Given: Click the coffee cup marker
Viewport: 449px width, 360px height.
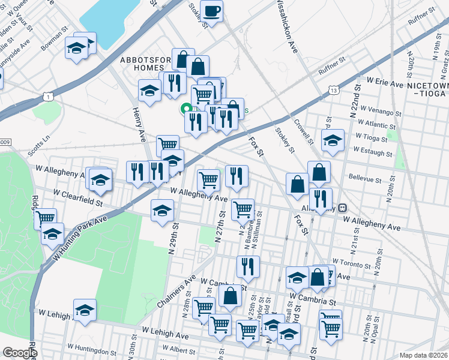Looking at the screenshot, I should [212, 10].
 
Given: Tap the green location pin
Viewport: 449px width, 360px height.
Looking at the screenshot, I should [186, 108].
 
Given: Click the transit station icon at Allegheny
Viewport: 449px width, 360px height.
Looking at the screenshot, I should [342, 208].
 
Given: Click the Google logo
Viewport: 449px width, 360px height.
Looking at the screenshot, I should [19, 353].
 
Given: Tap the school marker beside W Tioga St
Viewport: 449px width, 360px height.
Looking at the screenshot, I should [332, 141].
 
